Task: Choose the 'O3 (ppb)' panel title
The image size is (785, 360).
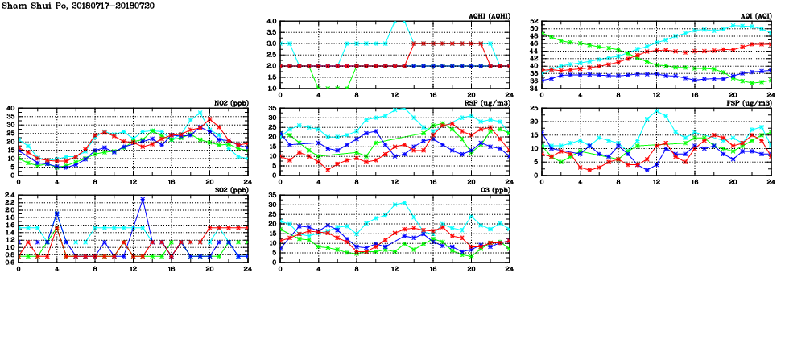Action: [x=492, y=190]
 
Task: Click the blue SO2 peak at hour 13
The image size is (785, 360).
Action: [x=143, y=199]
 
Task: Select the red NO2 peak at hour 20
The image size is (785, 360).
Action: [x=209, y=119]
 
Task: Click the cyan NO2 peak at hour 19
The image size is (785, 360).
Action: [x=200, y=114]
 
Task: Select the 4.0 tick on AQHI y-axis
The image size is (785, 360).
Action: [x=271, y=21]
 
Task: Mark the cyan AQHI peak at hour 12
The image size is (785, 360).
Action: [x=395, y=22]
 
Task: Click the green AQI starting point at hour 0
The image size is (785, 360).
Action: [x=542, y=35]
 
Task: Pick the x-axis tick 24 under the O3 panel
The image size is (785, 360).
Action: [x=510, y=268]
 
